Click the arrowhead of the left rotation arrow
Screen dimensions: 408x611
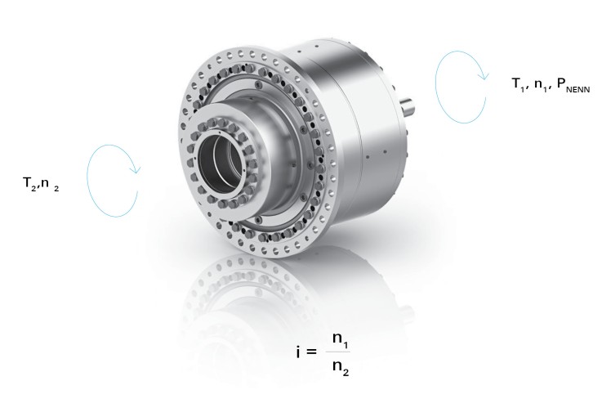coord(137,170)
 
